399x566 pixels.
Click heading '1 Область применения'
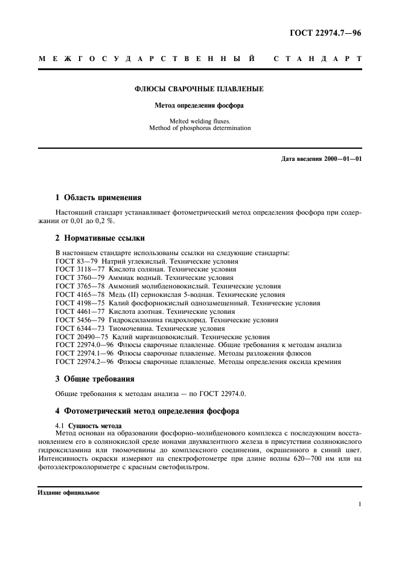click(x=98, y=197)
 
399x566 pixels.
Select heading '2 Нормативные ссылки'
click(x=100, y=238)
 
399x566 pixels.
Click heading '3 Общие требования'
click(x=97, y=379)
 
